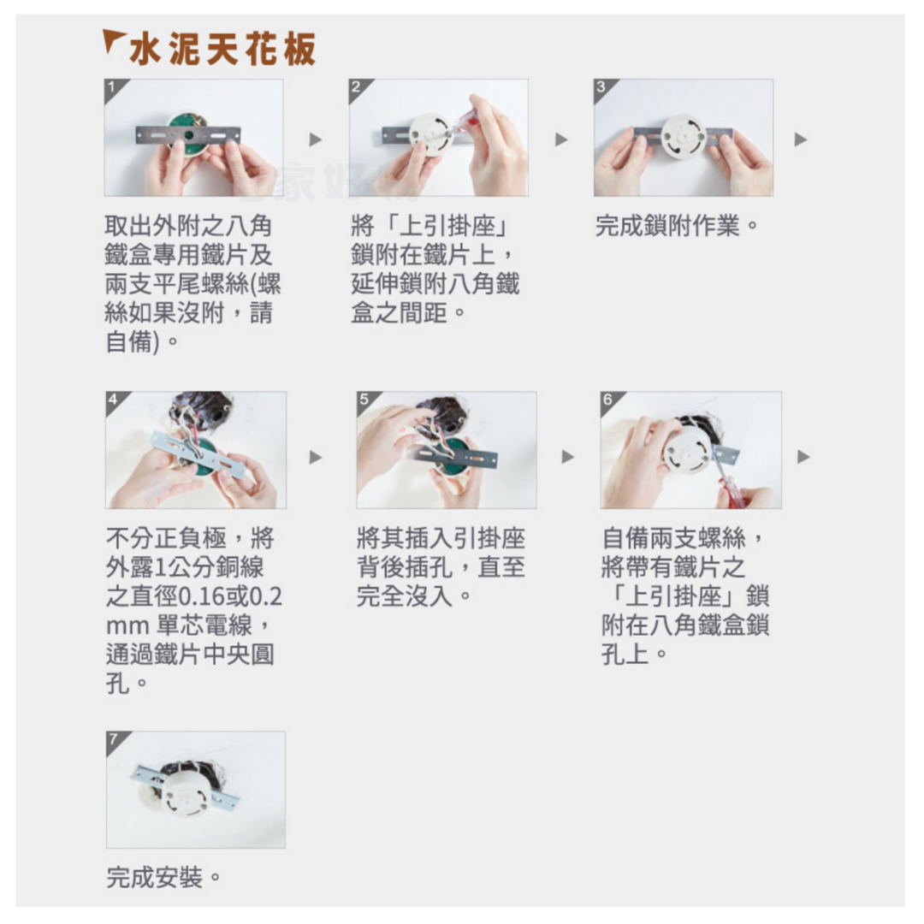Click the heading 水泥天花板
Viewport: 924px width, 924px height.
pos(222,48)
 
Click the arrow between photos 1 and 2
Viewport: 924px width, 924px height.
pos(316,139)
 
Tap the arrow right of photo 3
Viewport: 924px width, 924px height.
pos(800,139)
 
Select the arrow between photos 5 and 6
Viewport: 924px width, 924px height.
pos(567,457)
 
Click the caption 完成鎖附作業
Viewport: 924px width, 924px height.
pos(675,226)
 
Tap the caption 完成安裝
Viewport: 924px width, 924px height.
pos(163,877)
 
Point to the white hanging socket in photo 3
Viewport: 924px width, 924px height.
pos(684,137)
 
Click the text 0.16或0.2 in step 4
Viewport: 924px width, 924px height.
pos(230,596)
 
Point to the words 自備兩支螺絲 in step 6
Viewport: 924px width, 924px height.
pos(674,537)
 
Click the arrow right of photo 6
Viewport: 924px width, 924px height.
pos(803,457)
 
